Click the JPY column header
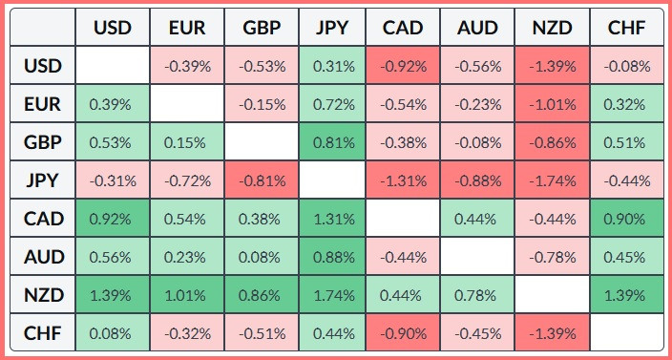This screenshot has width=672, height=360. pyautogui.click(x=332, y=28)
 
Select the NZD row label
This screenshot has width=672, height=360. pyautogui.click(x=43, y=295)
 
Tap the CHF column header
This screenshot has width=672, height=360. pyautogui.click(x=626, y=28)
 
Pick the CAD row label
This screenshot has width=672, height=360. pyautogui.click(x=43, y=219)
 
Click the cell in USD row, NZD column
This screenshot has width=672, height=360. pyautogui.click(x=552, y=66)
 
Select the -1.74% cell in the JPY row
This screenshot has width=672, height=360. pyautogui.click(x=552, y=180)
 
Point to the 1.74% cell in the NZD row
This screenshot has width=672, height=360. pyautogui.click(x=332, y=295)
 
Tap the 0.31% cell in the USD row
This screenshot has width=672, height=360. pyautogui.click(x=332, y=66)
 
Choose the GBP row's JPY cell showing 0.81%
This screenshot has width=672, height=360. pyautogui.click(x=332, y=142)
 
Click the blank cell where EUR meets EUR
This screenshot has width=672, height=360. pyautogui.click(x=187, y=104)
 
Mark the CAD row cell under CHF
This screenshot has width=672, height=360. pyautogui.click(x=626, y=219)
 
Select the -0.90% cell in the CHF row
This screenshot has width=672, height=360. pyautogui.click(x=403, y=333)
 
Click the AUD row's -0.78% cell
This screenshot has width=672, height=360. pyautogui.click(x=552, y=257)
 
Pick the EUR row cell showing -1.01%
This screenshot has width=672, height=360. pyautogui.click(x=552, y=104)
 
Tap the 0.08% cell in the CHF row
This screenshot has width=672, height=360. pyautogui.click(x=113, y=333)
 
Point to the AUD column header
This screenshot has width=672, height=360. pyautogui.click(x=477, y=28)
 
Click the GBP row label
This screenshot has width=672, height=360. pyautogui.click(x=43, y=142)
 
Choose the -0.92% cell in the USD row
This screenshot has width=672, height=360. pyautogui.click(x=403, y=66)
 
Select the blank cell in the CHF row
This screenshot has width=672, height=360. pyautogui.click(x=626, y=333)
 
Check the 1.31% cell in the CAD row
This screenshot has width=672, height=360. pyautogui.click(x=332, y=219)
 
